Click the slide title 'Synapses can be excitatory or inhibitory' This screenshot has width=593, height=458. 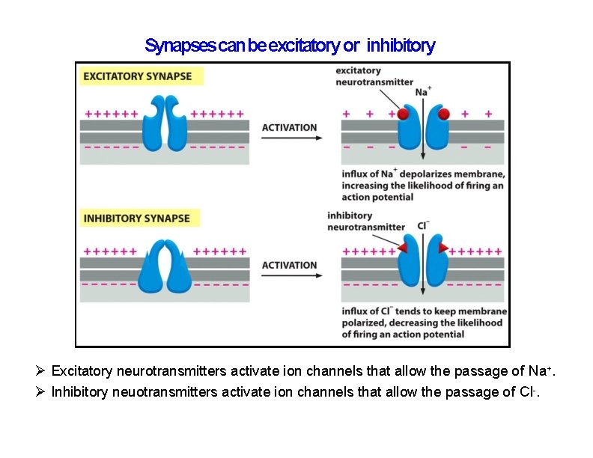pos(290,46)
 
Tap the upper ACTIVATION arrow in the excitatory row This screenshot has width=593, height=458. pos(290,138)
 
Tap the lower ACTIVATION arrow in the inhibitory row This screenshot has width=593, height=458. pos(290,276)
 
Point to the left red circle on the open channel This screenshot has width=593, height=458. pos(403,114)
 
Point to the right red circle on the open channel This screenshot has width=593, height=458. pos(443,114)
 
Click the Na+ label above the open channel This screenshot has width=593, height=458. pos(423,91)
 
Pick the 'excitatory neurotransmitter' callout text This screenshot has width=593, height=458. pos(374,76)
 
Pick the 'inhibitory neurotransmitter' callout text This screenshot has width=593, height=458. pos(366,222)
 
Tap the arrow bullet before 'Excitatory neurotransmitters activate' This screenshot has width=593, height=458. pos(42,371)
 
